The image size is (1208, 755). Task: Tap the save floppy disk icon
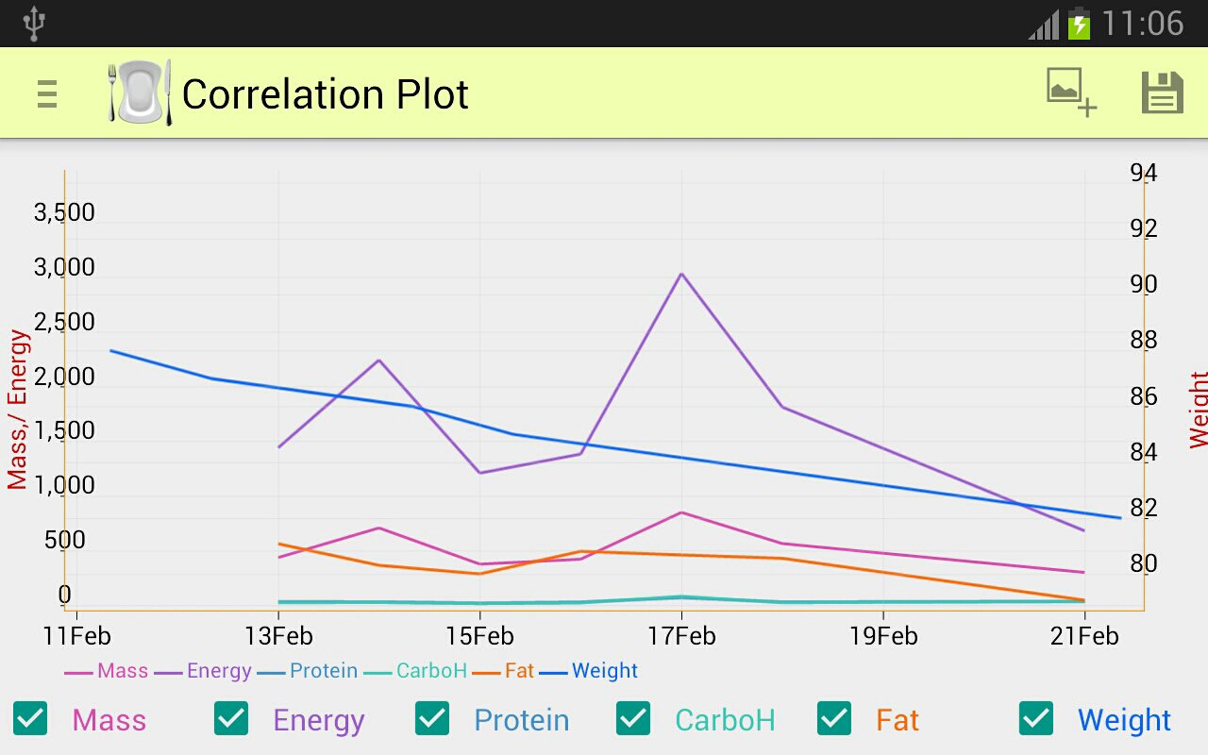click(x=1162, y=93)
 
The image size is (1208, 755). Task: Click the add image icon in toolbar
click(x=1071, y=92)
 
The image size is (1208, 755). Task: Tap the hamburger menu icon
click(x=47, y=94)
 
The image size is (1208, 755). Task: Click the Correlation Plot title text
click(x=325, y=94)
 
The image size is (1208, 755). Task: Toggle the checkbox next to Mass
click(x=30, y=718)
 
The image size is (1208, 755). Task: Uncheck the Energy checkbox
click(x=231, y=718)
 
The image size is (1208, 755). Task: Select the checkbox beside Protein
click(x=432, y=718)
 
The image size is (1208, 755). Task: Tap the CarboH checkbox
click(x=633, y=718)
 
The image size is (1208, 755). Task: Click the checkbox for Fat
click(x=834, y=718)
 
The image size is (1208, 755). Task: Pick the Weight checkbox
click(x=1036, y=718)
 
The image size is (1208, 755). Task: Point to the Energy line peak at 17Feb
click(x=681, y=274)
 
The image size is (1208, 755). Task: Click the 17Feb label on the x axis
click(x=681, y=636)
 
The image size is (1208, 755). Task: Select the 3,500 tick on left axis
click(x=64, y=212)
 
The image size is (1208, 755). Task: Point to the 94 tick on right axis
click(x=1143, y=173)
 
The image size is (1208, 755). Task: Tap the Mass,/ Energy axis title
click(x=18, y=410)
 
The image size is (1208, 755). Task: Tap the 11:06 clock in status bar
click(x=1142, y=24)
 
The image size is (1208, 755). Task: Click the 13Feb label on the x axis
click(x=278, y=636)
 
